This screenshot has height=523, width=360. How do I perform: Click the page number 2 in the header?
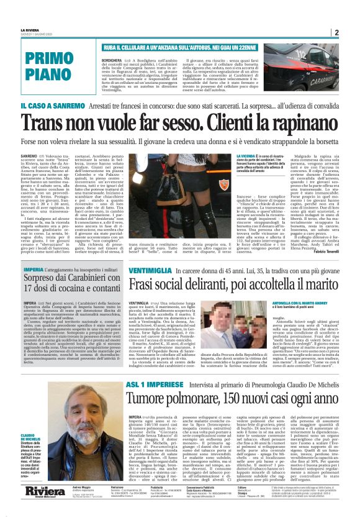[x=336, y=32]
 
